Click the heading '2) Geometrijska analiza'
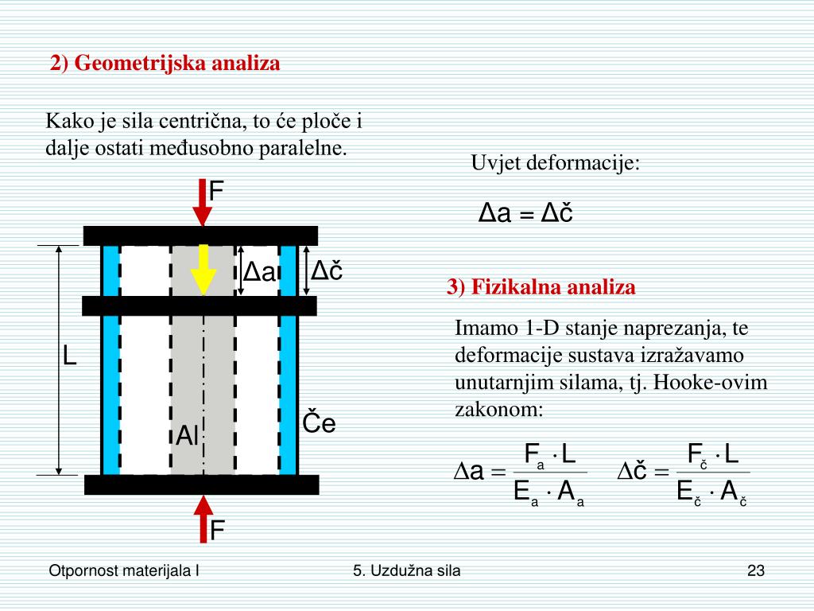165,64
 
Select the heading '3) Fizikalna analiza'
541,287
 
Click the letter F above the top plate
216,191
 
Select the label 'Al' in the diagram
188,435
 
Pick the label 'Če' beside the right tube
320,423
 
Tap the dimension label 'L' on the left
70,356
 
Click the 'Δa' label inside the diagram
259,273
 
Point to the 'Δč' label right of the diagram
326,271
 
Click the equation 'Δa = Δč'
525,213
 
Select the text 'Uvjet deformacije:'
555,163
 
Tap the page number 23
755,570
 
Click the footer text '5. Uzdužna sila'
407,570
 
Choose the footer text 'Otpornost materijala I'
124,570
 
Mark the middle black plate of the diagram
200,305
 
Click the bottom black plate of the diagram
201,485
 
